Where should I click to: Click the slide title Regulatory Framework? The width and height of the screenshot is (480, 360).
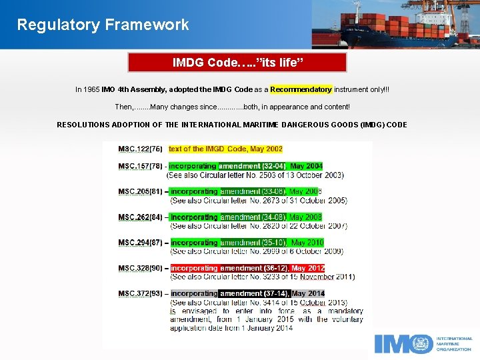click(x=103, y=25)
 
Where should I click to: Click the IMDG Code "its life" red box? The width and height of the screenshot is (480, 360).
click(x=237, y=63)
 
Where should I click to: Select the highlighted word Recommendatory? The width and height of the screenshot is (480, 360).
click(x=301, y=89)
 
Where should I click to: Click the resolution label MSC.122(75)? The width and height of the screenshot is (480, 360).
click(x=140, y=149)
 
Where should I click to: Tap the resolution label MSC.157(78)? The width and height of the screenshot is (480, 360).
click(x=140, y=166)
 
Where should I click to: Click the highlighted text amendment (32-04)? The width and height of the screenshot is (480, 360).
click(x=253, y=166)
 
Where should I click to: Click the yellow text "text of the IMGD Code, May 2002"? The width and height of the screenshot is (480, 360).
click(x=225, y=149)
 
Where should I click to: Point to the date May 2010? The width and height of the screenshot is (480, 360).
click(x=307, y=243)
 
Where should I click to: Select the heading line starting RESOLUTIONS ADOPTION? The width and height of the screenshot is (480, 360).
click(x=231, y=125)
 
